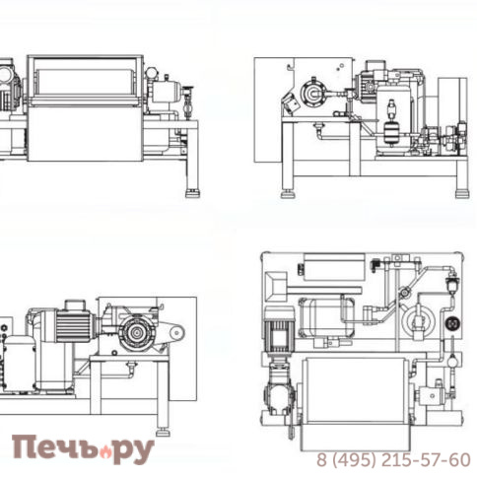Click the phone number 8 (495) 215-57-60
point(392,460)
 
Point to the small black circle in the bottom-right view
point(453,323)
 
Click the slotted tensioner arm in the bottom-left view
point(173,333)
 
